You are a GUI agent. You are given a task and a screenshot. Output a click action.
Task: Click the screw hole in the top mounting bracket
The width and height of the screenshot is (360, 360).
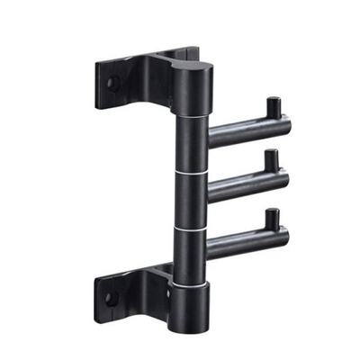coord(113,82)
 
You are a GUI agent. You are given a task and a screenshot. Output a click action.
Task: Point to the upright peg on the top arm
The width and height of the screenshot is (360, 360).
coord(271,107)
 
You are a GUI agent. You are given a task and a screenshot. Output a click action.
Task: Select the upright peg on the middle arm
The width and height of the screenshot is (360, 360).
coord(270,162)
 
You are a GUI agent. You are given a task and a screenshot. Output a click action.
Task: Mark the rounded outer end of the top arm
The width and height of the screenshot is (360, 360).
coord(286,124)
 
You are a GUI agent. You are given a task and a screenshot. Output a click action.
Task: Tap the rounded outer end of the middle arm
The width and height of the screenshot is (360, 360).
coord(285,180)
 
